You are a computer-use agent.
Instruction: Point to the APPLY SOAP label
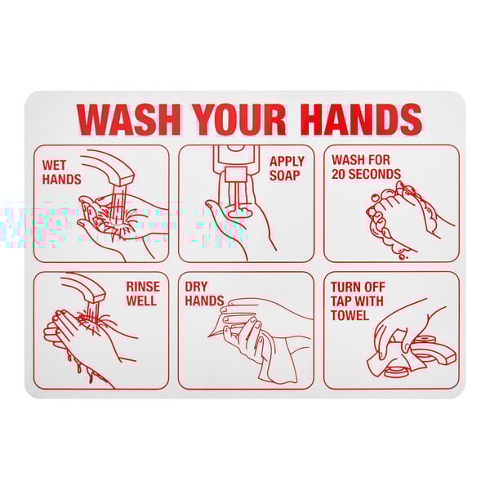pos(287,168)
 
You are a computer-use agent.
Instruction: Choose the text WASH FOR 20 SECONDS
pos(366,167)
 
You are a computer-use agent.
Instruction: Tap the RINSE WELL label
pos(142,294)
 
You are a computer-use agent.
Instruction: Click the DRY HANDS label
pos(203,294)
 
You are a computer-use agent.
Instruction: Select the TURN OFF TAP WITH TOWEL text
pos(358,301)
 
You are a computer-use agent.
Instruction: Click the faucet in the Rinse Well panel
pos(87,290)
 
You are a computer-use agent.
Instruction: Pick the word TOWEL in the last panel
pos(350,315)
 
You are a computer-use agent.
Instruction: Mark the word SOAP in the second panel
pos(287,176)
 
